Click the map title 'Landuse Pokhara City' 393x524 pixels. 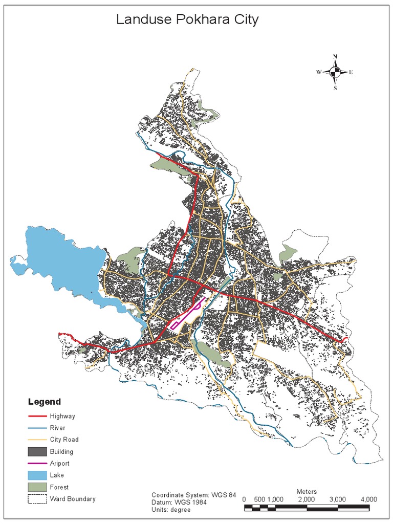coord(187,20)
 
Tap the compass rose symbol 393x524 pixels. coord(335,72)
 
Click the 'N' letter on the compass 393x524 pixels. coord(335,57)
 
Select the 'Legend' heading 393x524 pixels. coord(44,402)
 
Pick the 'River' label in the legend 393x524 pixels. coord(57,428)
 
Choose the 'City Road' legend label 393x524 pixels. coord(64,440)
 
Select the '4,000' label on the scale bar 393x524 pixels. coord(368,499)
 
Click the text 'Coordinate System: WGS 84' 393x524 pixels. coord(193,495)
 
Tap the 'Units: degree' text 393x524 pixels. coord(171,510)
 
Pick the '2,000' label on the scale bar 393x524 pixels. coord(307,499)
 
